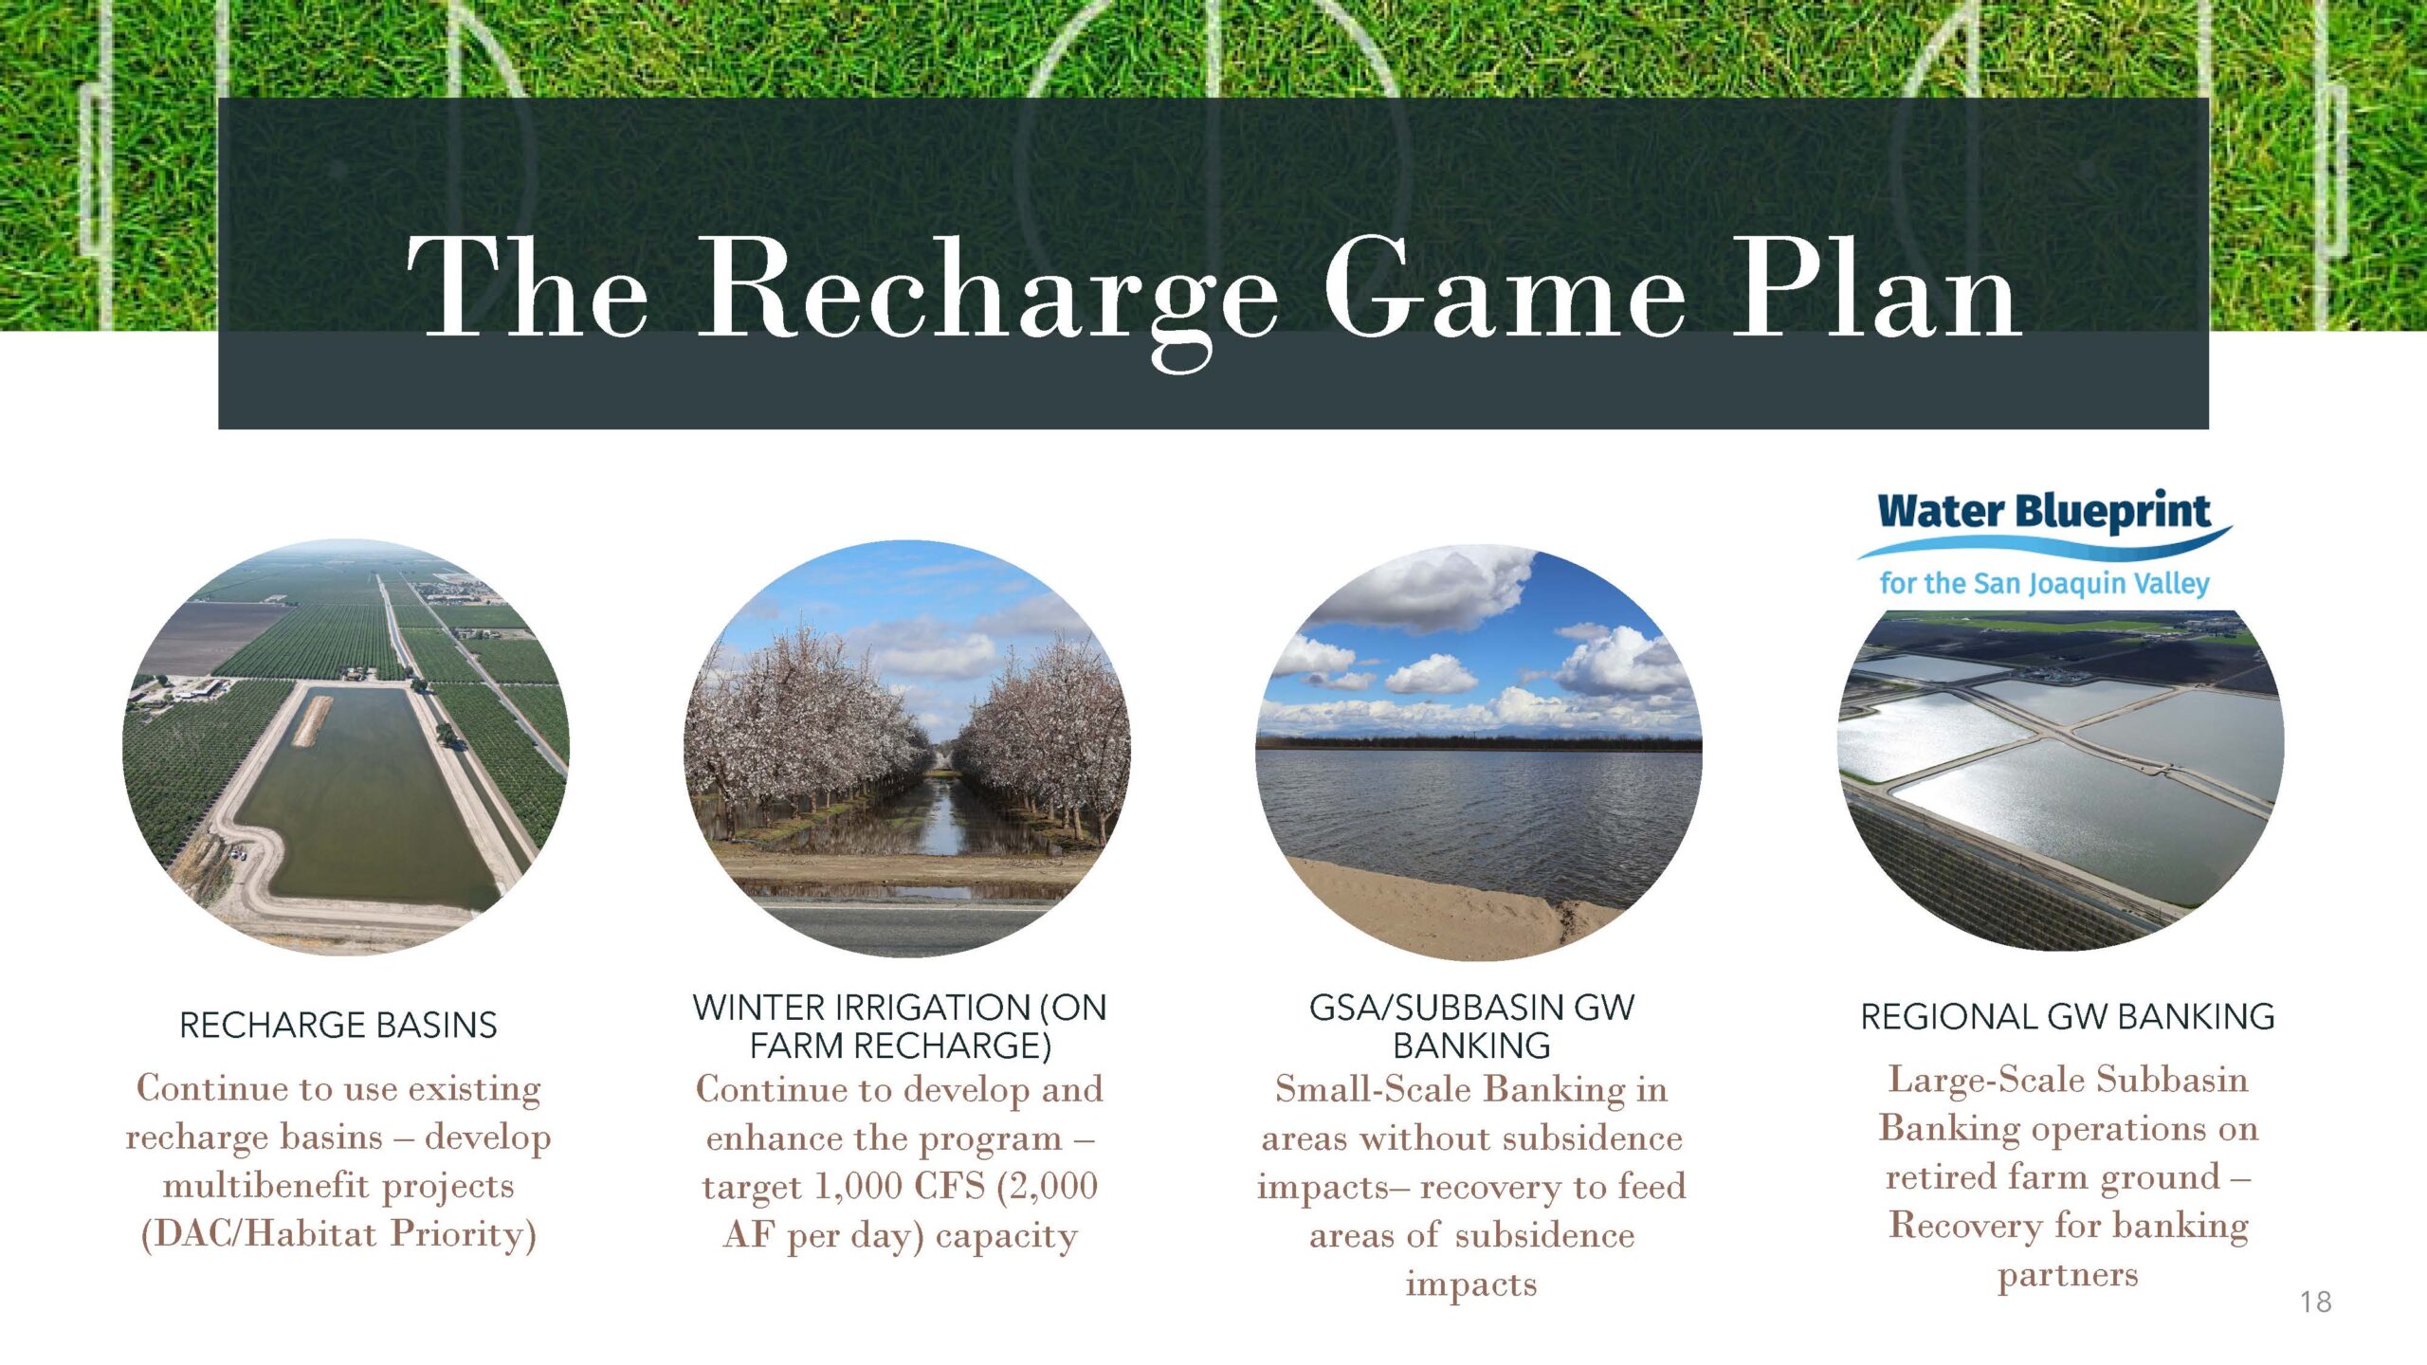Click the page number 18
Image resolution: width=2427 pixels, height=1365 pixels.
click(x=2315, y=1301)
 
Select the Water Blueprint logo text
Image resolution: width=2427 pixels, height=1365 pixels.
click(x=2043, y=513)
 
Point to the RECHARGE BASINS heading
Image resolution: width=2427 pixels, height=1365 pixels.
click(x=338, y=1025)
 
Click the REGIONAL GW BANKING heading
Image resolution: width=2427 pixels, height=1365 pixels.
click(x=2068, y=1016)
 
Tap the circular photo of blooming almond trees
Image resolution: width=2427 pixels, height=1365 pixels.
click(x=906, y=749)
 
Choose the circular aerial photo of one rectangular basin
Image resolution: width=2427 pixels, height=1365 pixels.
click(x=346, y=747)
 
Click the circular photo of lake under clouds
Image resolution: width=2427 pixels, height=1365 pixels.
click(x=1479, y=752)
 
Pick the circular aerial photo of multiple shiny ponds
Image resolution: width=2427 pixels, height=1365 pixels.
click(x=2061, y=779)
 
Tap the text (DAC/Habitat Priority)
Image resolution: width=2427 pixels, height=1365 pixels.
click(x=338, y=1234)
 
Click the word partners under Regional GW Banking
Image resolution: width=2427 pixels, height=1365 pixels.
click(x=2068, y=1276)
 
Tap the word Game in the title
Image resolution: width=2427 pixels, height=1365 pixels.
click(x=1504, y=285)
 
